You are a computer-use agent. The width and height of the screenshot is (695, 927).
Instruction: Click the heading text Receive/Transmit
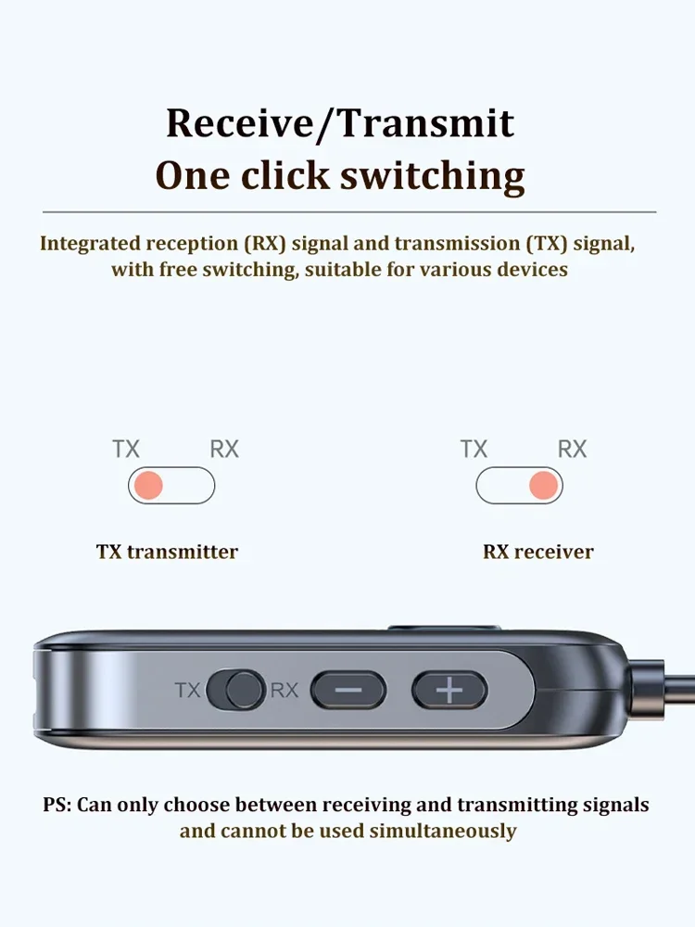[339, 123]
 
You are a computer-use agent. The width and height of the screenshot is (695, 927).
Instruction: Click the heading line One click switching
[339, 175]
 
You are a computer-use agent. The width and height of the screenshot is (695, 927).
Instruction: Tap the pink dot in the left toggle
[148, 486]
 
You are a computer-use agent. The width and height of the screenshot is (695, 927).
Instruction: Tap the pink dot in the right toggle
[543, 486]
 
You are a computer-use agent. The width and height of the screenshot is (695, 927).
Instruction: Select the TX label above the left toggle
[126, 450]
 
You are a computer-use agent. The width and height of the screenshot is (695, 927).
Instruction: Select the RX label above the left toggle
[224, 450]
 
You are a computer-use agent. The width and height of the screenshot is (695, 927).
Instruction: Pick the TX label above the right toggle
[474, 450]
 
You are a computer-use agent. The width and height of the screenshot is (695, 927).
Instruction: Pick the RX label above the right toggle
[572, 450]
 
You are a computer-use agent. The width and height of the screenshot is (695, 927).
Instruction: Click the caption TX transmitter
[167, 552]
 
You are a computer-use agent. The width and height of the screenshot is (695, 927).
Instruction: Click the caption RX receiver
[537, 552]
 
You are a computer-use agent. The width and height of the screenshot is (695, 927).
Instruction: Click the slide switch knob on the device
[245, 690]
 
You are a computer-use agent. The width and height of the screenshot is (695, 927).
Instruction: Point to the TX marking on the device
[188, 691]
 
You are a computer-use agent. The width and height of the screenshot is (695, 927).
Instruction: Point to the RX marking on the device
[284, 691]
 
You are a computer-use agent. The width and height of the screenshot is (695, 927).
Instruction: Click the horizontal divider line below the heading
[348, 212]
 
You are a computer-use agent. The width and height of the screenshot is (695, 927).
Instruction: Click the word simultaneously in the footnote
[442, 831]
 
